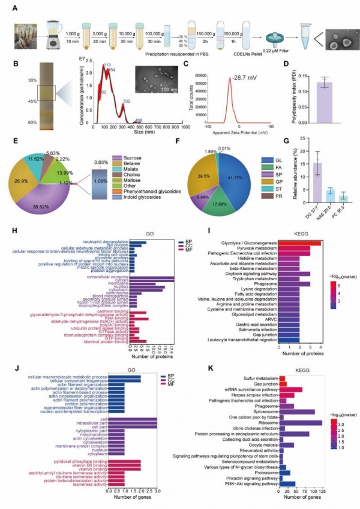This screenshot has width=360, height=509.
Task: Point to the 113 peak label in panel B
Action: coord(108,65)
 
